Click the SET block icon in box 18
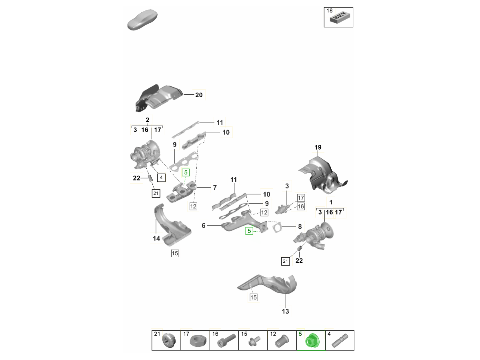click(340, 18)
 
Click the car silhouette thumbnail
click(142, 20)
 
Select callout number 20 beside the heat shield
click(199, 95)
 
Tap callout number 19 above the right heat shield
click(318, 147)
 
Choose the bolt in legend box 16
click(226, 340)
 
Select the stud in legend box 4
click(340, 340)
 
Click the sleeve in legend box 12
click(282, 341)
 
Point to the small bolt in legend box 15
click(254, 341)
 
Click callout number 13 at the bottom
click(285, 311)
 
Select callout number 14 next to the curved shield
click(156, 238)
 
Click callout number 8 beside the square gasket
click(300, 227)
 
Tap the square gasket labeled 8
click(277, 227)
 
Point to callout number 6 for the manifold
click(204, 226)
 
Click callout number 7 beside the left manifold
click(215, 188)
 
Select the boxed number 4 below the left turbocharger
click(161, 178)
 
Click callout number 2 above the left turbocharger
click(147, 120)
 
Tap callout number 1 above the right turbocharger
click(331, 202)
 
